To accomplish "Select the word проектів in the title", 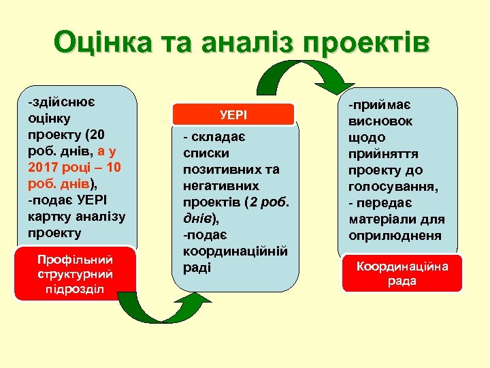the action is pos(368,42).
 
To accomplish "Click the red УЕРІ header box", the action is pos(233,115).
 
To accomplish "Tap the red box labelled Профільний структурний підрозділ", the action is pos(76,273).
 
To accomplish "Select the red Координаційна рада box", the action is pos(402,273).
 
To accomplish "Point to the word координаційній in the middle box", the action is pos(235,251).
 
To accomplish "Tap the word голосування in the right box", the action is pos(393,187).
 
